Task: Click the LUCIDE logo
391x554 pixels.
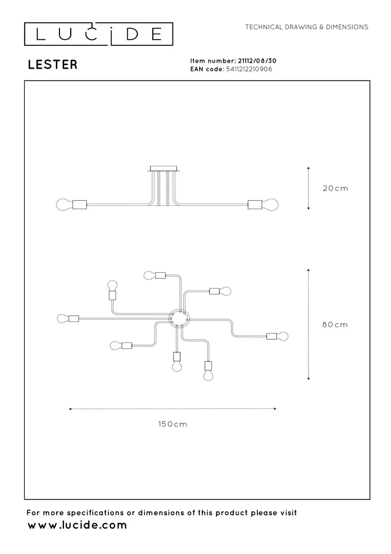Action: tap(99, 34)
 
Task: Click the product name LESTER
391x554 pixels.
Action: tap(53, 65)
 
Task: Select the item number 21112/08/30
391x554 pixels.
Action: tap(257, 61)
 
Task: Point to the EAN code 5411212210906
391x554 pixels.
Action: tap(249, 69)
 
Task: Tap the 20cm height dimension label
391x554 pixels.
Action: tap(335, 188)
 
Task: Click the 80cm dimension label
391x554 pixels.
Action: tap(335, 325)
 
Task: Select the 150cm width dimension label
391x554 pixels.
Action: tap(172, 424)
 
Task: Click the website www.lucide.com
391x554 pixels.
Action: tap(77, 525)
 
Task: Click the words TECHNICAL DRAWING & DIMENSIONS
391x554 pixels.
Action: tap(307, 27)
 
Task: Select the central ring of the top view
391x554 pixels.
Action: tap(179, 319)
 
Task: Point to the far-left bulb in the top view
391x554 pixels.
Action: tap(63, 319)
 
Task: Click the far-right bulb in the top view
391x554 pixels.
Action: tap(282, 336)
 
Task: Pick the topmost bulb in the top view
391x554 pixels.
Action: tap(150, 275)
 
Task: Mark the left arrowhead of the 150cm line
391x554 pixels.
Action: tap(70, 409)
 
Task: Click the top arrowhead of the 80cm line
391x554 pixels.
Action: tap(308, 270)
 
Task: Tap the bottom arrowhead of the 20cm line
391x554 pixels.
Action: tap(308, 209)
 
